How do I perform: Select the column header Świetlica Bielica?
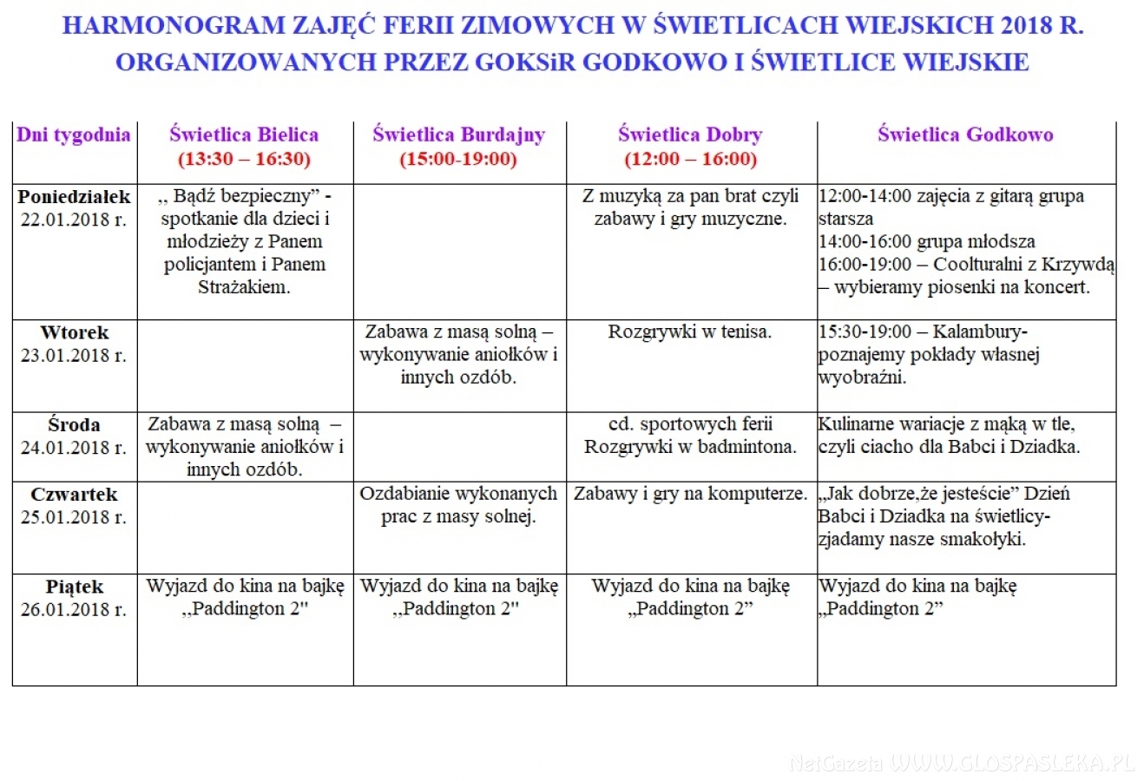pos(244,135)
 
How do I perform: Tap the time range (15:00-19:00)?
pos(458,159)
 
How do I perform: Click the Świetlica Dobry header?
pos(690,135)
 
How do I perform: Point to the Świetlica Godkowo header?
pos(965,135)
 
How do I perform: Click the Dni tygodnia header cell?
pos(74,135)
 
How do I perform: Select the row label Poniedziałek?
pos(74,197)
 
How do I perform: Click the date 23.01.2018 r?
pos(74,355)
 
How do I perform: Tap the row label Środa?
pos(74,425)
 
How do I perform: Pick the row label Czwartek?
pos(74,495)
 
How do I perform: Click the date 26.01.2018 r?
pos(74,609)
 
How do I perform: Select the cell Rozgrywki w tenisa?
pos(690,331)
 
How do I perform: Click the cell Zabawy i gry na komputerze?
pos(690,494)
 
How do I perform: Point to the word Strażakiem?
pos(244,287)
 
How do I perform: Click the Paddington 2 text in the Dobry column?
pos(690,608)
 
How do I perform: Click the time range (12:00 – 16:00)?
pos(690,159)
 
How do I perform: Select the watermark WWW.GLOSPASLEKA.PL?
pos(1012,763)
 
